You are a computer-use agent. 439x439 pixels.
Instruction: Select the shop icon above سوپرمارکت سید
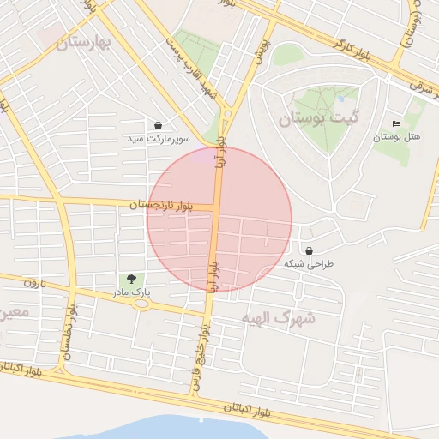pyautogui.click(x=159, y=125)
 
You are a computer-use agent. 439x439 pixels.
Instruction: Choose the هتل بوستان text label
pyautogui.click(x=395, y=137)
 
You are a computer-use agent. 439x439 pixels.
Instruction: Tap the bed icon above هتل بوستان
pyautogui.click(x=395, y=124)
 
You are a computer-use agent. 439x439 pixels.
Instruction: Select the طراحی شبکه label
pyautogui.click(x=309, y=264)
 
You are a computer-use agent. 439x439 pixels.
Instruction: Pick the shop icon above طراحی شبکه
pyautogui.click(x=309, y=251)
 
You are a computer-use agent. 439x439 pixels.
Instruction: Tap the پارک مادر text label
pyautogui.click(x=130, y=292)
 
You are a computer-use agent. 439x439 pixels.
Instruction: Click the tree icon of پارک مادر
pyautogui.click(x=131, y=279)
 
